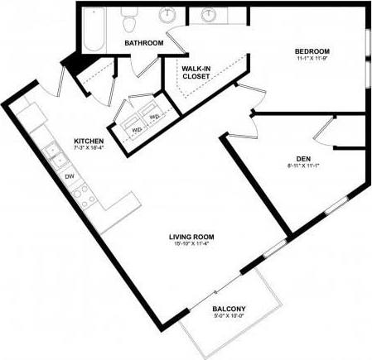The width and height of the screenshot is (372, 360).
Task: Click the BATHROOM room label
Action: pos(143,42)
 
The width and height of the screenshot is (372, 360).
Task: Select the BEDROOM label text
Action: pos(312,50)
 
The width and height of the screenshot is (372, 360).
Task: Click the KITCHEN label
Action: pos(88,140)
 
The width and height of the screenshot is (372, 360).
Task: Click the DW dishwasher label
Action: pos(70,175)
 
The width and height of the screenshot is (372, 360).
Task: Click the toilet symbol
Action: pos(128,17)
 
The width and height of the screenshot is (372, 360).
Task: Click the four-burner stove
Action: pos(81,196)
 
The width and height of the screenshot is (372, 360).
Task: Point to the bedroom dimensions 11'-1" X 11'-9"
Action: pos(312,58)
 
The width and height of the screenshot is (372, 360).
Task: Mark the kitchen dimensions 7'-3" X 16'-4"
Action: pos(88,148)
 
